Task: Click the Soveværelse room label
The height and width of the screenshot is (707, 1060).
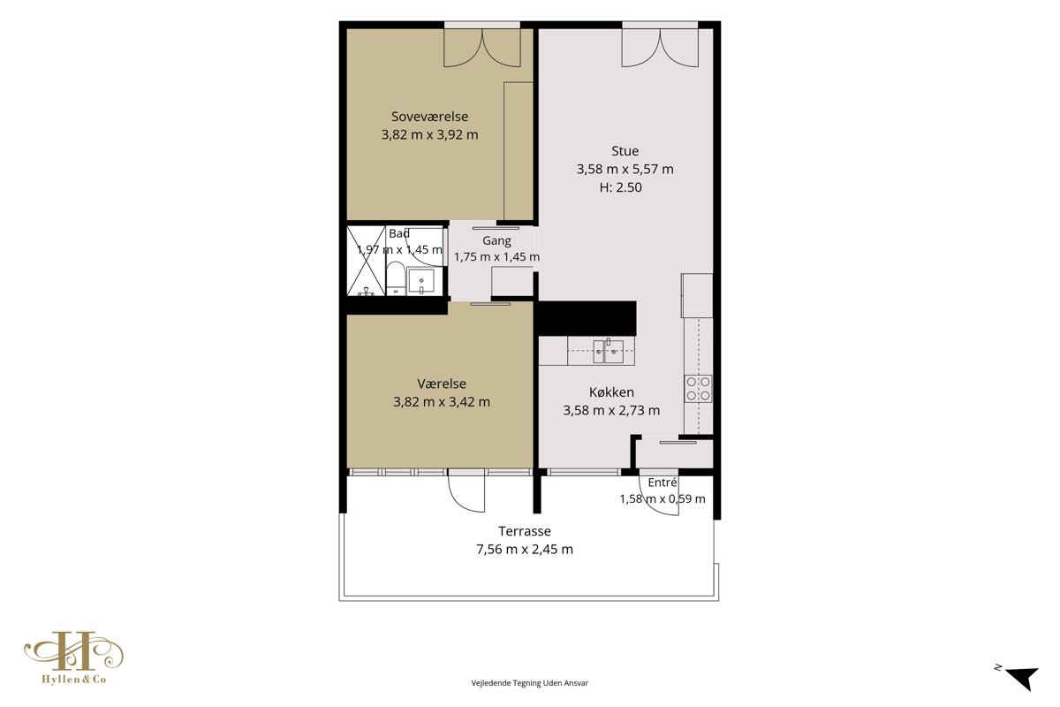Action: tap(429, 117)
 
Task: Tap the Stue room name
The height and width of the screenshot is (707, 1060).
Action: tap(625, 151)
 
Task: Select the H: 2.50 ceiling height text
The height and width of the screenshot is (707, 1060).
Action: tap(620, 187)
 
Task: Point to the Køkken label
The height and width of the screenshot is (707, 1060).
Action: tap(611, 392)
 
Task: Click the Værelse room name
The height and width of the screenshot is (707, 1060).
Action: tap(442, 384)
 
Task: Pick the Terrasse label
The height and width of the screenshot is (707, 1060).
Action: tap(525, 531)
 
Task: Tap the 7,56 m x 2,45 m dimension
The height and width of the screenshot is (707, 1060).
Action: tap(525, 550)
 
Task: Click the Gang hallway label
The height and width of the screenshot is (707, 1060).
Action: tap(496, 241)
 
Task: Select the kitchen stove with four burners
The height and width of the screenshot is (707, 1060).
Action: tap(699, 389)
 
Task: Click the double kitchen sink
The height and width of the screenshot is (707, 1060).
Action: tap(609, 351)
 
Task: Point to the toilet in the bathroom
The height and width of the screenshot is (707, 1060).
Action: tap(396, 279)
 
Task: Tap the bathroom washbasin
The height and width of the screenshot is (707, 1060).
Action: tap(420, 281)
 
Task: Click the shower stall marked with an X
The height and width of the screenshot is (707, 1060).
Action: tap(367, 261)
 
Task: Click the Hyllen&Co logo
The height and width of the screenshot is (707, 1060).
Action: tap(74, 658)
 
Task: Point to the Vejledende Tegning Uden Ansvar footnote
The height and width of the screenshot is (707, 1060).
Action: tap(529, 683)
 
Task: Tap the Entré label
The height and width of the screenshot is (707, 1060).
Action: tap(662, 483)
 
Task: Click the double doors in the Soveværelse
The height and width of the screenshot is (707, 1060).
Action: tap(482, 48)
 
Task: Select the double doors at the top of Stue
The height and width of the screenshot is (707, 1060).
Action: tap(660, 48)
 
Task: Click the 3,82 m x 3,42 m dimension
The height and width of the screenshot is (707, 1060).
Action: tap(442, 402)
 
